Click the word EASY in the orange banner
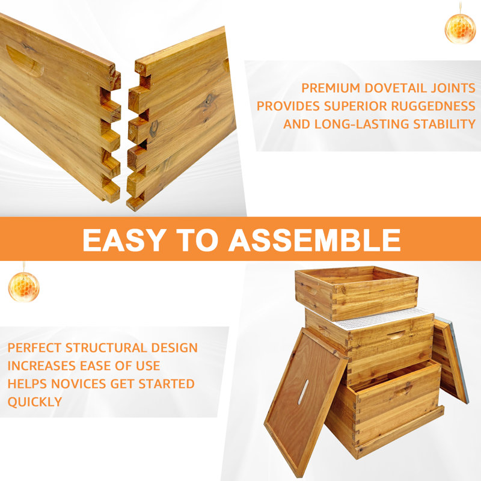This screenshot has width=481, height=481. click(x=123, y=240)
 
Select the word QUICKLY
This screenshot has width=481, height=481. click(x=35, y=402)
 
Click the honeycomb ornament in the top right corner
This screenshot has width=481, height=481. click(x=460, y=28)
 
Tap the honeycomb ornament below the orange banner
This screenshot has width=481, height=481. click(x=23, y=286)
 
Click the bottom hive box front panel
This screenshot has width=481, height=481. click(x=397, y=409)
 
